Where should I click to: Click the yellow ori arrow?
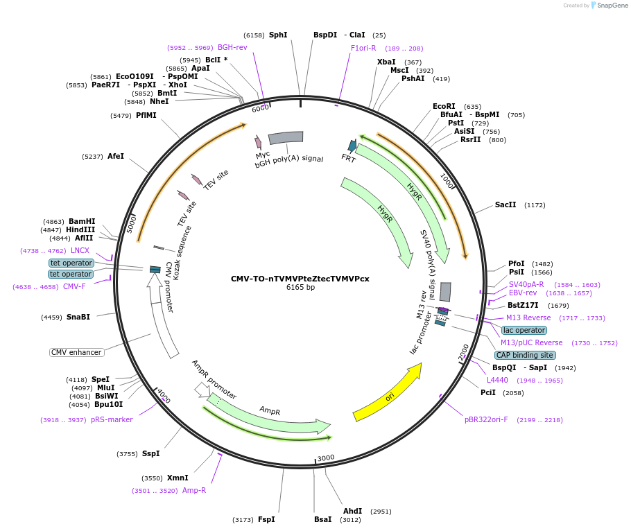(x=388, y=393)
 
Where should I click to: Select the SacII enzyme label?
(x=505, y=205)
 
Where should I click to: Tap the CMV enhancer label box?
(x=77, y=352)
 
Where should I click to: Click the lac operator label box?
(x=524, y=330)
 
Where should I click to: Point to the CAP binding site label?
(x=525, y=355)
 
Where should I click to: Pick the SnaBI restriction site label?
(x=78, y=317)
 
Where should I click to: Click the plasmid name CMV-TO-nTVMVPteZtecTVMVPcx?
(x=300, y=279)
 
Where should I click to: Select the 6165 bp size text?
(x=300, y=288)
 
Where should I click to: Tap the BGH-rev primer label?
(x=232, y=48)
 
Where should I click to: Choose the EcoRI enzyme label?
(x=444, y=107)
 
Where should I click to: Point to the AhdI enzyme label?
(x=353, y=512)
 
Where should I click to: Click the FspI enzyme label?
(x=266, y=519)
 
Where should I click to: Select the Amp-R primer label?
(x=194, y=490)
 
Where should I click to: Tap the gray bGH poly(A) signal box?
(x=286, y=138)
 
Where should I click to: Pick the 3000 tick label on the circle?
(x=326, y=458)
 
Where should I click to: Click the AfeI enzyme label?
(x=116, y=157)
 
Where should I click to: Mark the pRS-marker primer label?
(x=112, y=419)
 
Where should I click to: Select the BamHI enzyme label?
(x=82, y=222)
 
